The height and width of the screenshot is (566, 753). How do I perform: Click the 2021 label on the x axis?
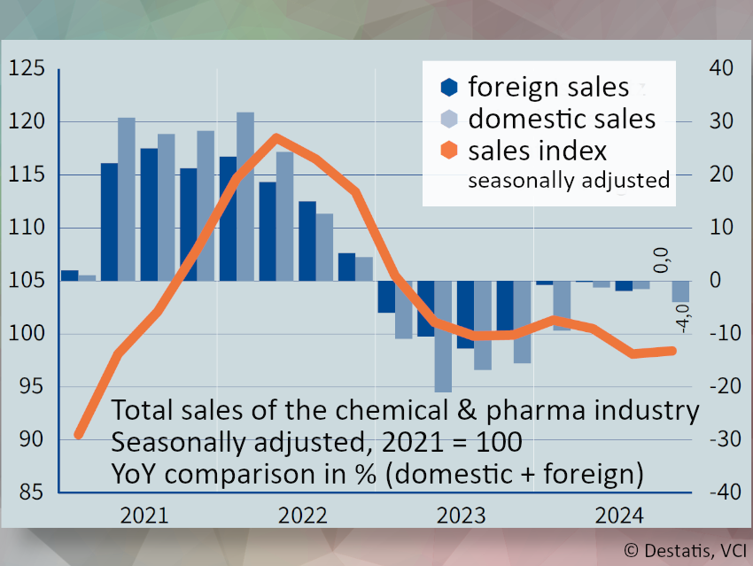coord(144,516)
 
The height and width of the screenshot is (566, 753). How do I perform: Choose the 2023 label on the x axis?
coord(459,516)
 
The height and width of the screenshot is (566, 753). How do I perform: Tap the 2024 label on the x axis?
coord(618,516)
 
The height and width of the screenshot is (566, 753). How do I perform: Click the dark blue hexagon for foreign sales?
coord(449,87)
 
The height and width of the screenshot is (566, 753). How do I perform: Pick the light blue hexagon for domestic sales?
coord(449,119)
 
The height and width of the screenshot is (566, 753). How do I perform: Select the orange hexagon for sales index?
coord(449,150)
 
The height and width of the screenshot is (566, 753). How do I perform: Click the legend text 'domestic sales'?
coord(562,119)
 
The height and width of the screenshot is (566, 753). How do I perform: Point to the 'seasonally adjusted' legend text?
coord(568,180)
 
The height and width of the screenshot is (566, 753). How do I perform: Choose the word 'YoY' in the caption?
coord(137,473)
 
